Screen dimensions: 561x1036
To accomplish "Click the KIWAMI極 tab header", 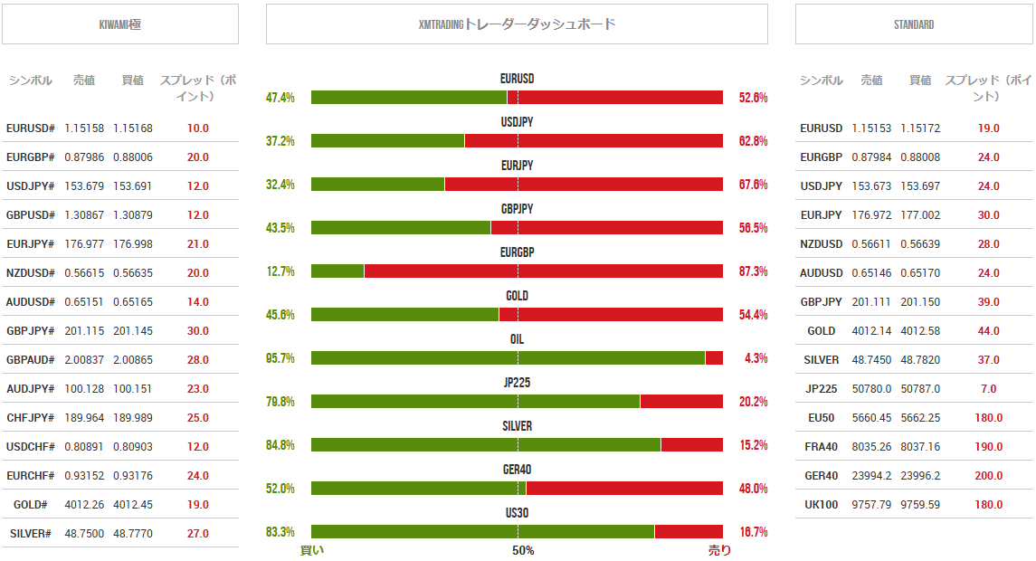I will pyautogui.click(x=120, y=24).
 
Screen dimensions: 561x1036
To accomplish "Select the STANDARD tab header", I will pyautogui.click(x=913, y=24).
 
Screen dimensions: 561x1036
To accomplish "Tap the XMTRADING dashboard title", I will pyautogui.click(x=517, y=24).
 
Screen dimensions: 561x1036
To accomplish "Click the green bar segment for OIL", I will pyautogui.click(x=508, y=358).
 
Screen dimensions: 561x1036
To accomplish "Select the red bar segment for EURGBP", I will pyautogui.click(x=543, y=271).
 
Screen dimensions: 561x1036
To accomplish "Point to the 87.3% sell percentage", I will pyautogui.click(x=753, y=271).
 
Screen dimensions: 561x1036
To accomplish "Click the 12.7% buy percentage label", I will pyautogui.click(x=280, y=271).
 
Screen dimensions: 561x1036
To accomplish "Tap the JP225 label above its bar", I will pyautogui.click(x=517, y=383).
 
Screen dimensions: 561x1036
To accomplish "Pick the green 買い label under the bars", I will pyautogui.click(x=311, y=550).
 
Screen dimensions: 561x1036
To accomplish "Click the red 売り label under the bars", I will pyautogui.click(x=719, y=550).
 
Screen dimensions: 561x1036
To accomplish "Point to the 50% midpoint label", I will pyautogui.click(x=523, y=550).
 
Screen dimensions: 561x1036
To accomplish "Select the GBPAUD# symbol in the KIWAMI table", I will pyautogui.click(x=30, y=360).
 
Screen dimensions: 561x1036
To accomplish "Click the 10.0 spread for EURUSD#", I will pyautogui.click(x=198, y=128).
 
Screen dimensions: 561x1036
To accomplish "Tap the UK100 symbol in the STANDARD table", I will pyautogui.click(x=821, y=505).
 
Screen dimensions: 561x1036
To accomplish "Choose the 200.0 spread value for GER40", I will pyautogui.click(x=988, y=476).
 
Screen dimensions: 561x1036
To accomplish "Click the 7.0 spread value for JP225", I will pyautogui.click(x=988, y=389).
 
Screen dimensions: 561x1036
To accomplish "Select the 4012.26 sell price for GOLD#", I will pyautogui.click(x=84, y=505).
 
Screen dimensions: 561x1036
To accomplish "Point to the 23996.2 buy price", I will pyautogui.click(x=920, y=476).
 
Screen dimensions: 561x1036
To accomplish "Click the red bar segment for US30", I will pyautogui.click(x=689, y=532).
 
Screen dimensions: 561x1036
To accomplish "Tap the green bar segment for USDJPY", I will pyautogui.click(x=387, y=141).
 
